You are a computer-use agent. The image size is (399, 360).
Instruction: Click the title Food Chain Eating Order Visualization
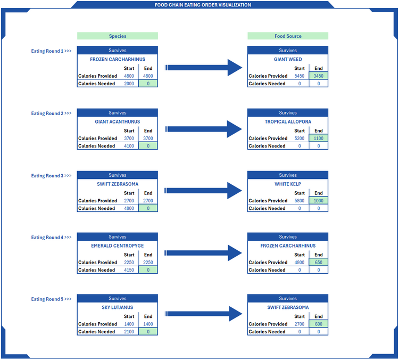point(203,5)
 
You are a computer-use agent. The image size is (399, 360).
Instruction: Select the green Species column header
point(118,36)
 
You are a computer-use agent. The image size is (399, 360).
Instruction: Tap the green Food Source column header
point(288,36)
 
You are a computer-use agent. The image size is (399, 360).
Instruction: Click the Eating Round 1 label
point(51,51)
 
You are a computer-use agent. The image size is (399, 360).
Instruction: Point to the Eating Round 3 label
point(51,176)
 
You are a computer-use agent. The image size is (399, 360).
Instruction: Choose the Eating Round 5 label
point(51,299)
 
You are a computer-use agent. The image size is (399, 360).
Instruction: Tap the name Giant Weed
point(288,60)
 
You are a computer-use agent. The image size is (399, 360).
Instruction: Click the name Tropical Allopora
point(288,122)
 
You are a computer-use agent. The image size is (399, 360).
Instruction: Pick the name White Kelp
point(288,184)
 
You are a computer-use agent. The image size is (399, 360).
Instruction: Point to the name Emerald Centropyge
point(118,246)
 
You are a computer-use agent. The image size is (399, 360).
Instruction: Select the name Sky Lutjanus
point(118,308)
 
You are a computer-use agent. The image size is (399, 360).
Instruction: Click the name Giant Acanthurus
point(118,122)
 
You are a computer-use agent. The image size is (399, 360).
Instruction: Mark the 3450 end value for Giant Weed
point(318,76)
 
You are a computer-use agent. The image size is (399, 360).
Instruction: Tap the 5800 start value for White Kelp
point(300,201)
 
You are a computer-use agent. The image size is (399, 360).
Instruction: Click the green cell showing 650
point(318,263)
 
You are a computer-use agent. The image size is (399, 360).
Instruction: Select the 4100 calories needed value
point(129,146)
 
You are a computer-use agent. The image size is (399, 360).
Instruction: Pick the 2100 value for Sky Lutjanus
point(129,332)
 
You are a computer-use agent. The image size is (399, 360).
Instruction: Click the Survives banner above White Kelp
point(288,175)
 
